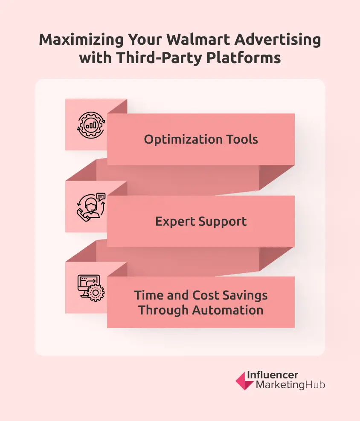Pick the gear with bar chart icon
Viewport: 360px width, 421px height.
pos(90,124)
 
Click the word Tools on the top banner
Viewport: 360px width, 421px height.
pos(243,139)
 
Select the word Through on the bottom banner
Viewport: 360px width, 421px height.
pos(163,310)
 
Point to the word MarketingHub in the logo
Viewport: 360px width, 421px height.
pos(290,385)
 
